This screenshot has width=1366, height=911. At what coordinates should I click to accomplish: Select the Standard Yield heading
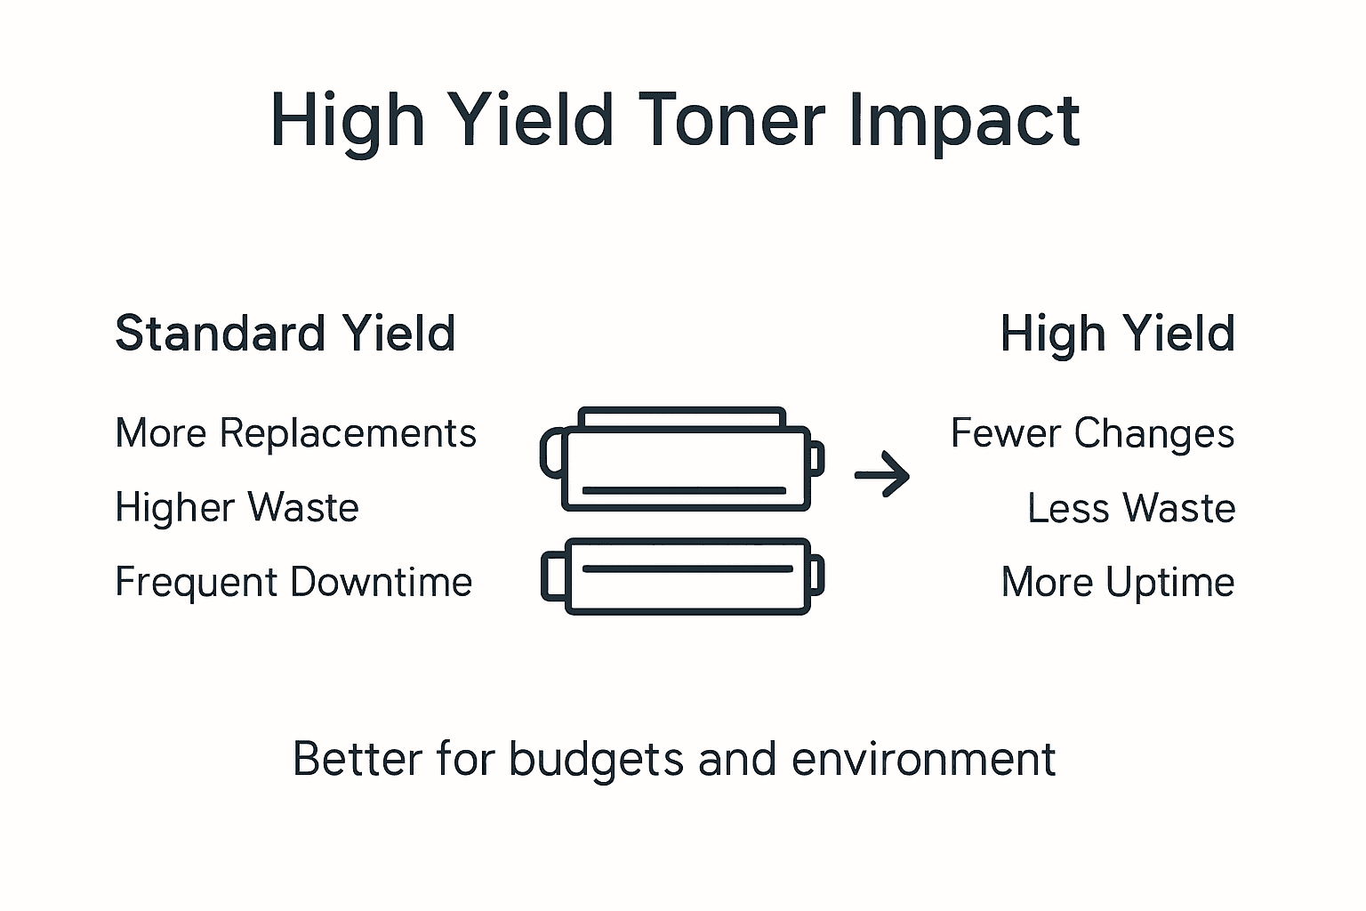pyautogui.click(x=285, y=334)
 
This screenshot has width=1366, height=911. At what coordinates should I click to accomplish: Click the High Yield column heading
pyautogui.click(x=1117, y=334)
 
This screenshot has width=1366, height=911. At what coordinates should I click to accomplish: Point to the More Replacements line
pyautogui.click(x=295, y=433)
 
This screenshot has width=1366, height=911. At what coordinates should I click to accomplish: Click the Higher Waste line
pyautogui.click(x=237, y=508)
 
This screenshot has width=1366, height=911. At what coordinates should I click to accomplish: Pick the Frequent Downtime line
pyautogui.click(x=293, y=582)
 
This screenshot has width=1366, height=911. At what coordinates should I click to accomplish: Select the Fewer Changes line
pyautogui.click(x=1092, y=433)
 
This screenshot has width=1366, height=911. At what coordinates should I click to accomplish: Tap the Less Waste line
pyautogui.click(x=1131, y=508)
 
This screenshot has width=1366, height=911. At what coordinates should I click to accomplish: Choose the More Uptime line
pyautogui.click(x=1118, y=583)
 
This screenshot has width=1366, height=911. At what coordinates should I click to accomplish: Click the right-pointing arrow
pyautogui.click(x=881, y=476)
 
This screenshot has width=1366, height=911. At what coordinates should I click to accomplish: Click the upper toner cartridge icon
pyautogui.click(x=682, y=459)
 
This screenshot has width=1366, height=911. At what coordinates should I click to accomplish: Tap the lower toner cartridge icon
pyautogui.click(x=682, y=576)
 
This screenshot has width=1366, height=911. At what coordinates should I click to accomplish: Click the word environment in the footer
pyautogui.click(x=923, y=760)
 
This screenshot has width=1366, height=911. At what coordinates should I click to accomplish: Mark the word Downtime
pyautogui.click(x=381, y=582)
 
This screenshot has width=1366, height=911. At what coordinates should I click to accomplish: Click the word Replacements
pyautogui.click(x=348, y=434)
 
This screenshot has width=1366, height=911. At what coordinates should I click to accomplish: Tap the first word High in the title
pyautogui.click(x=348, y=122)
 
